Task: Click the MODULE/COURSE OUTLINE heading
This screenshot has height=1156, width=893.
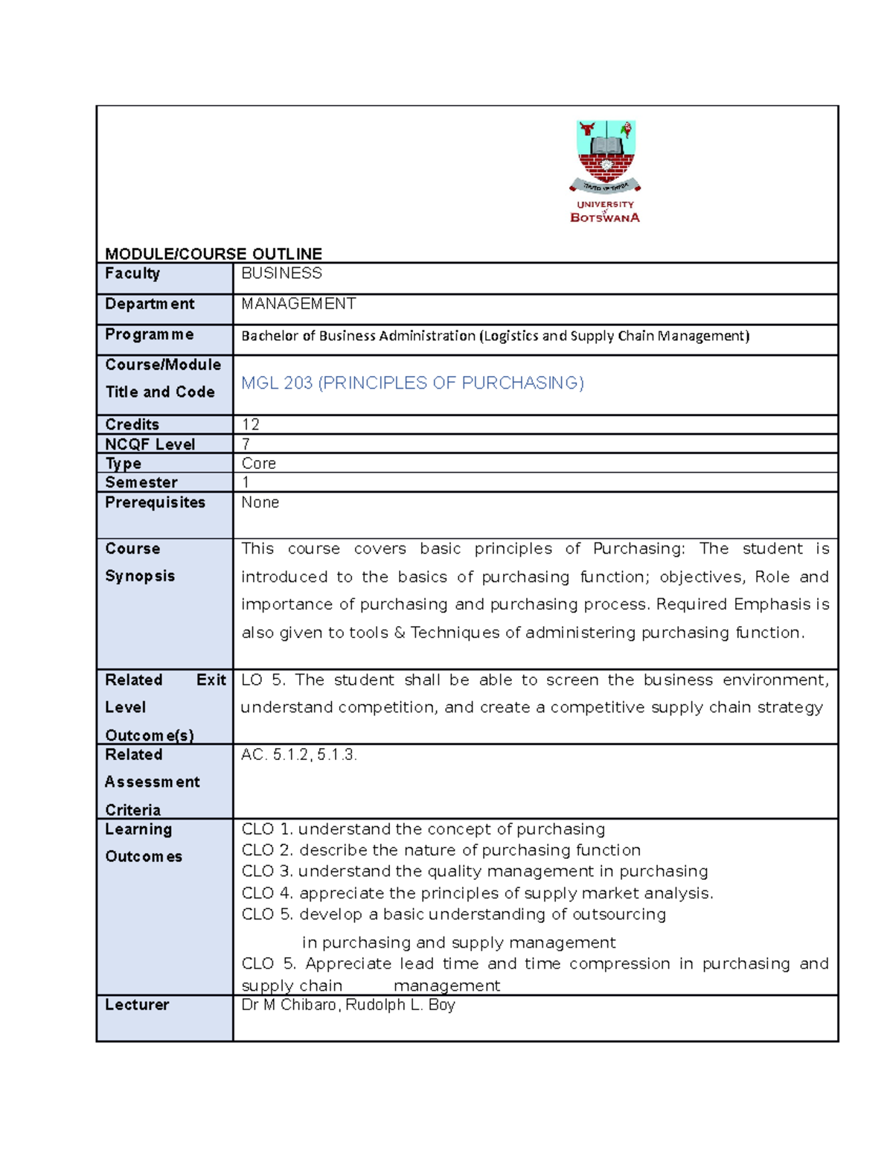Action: point(214,254)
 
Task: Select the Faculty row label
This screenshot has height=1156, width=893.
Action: point(132,273)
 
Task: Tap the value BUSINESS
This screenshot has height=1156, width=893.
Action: point(281,273)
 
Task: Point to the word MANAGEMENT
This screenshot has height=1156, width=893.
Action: point(298,304)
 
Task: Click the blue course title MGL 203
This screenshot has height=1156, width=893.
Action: point(412,383)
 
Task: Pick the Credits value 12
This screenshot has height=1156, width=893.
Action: point(251,424)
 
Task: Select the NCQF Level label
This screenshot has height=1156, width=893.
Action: point(150,444)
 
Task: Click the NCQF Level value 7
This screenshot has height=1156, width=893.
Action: point(246,444)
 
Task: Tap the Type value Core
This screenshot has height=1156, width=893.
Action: point(259,463)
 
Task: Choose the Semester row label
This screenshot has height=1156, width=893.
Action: point(141,482)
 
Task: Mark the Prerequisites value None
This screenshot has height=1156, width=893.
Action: point(260,502)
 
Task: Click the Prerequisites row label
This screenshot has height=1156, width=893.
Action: point(155,502)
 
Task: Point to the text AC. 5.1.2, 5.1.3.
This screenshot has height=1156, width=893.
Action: point(299,755)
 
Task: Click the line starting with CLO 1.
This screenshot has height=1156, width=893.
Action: point(423,829)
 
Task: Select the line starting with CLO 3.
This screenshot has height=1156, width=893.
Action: point(474,871)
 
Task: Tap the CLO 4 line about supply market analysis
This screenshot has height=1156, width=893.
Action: point(477,892)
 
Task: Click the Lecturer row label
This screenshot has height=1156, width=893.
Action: point(137,1005)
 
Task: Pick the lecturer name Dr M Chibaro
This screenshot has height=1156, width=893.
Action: point(291,1005)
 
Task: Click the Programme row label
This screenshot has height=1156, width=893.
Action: point(150,334)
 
